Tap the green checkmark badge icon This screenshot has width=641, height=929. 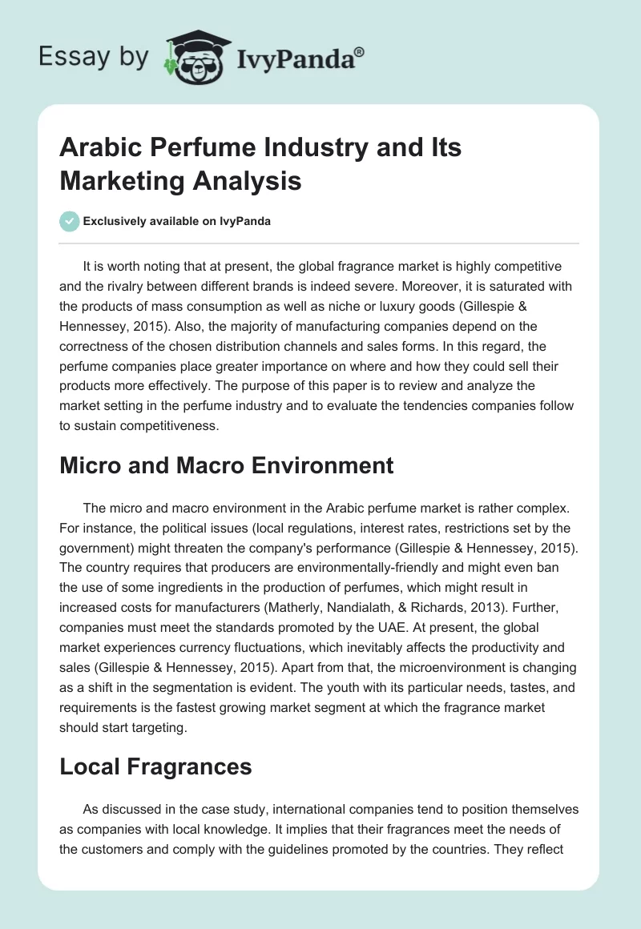coord(69,221)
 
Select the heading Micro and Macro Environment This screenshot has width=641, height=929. coord(227,465)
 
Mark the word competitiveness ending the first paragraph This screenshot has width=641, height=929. coord(165,426)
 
